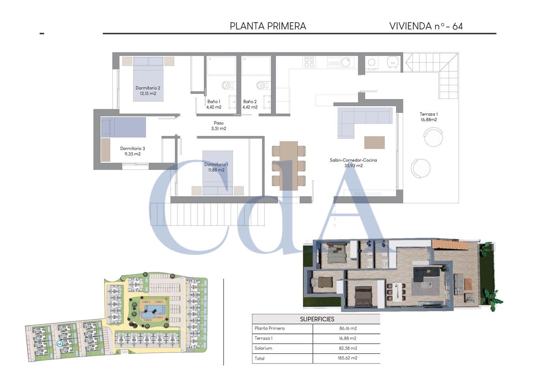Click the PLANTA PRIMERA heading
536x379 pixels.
coord(268,26)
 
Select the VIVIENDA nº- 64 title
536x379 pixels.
coord(426,26)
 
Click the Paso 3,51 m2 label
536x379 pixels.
coord(219,126)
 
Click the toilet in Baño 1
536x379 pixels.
coord(228,85)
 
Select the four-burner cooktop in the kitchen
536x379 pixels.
coord(309,62)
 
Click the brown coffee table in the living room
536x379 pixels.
coord(374,143)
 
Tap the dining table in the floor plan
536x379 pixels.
coord(289,166)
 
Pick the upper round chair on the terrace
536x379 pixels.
coord(433,137)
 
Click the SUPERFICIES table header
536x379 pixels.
coord(317,319)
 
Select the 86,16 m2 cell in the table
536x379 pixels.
coord(348,328)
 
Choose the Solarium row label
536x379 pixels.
coord(263,348)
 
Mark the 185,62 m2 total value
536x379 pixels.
coord(348,358)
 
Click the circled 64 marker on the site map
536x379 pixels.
coord(59,343)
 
